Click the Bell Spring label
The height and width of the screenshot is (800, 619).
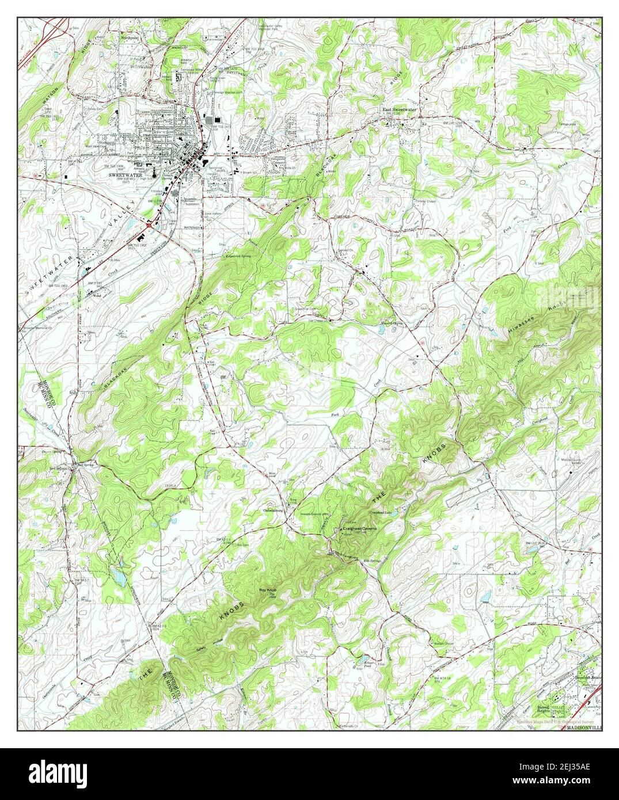(x=78, y=464)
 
